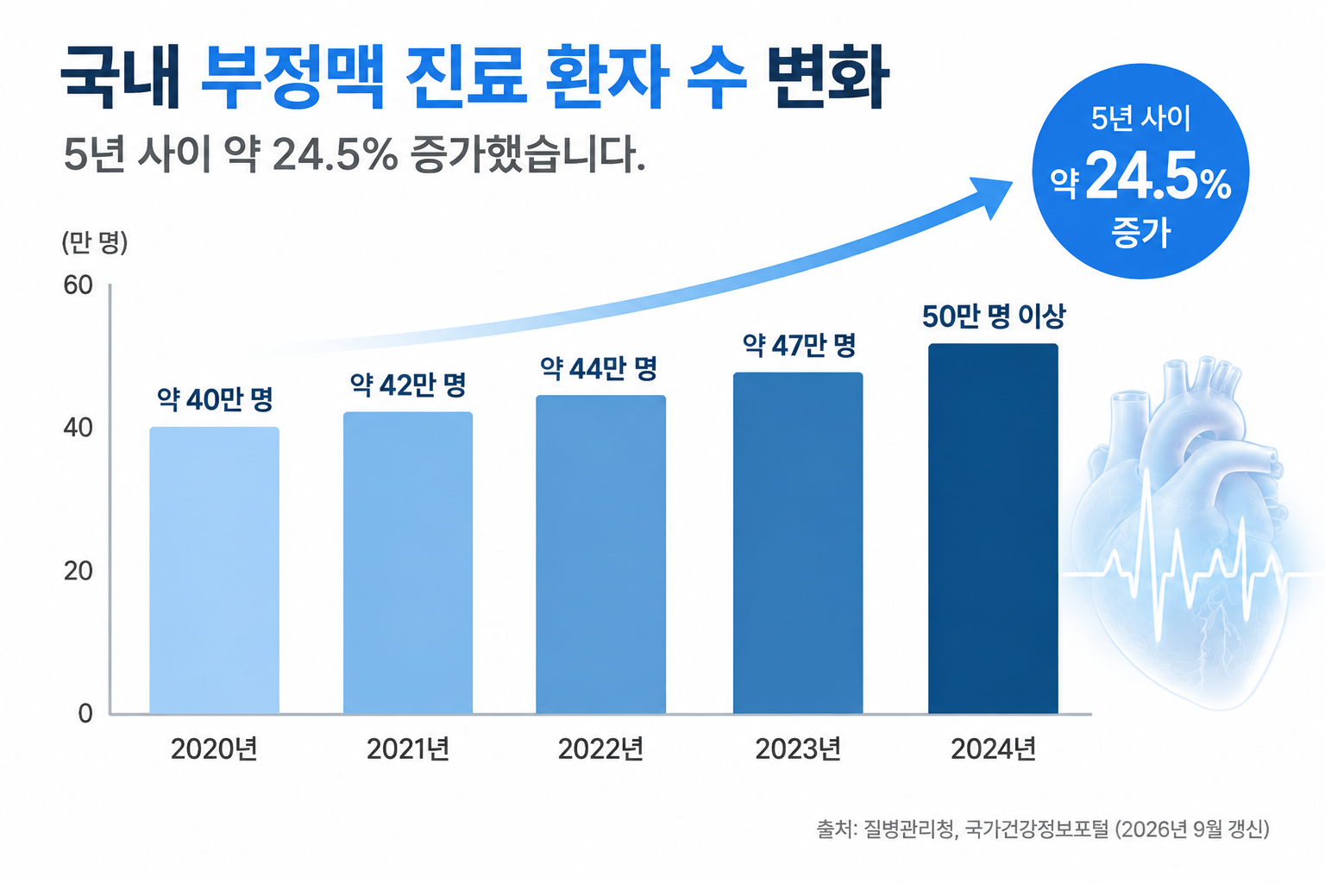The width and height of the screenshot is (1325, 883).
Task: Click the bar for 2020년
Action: [x=214, y=570]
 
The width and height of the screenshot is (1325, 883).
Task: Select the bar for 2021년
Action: [x=408, y=562]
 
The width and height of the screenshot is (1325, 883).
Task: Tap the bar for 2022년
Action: [x=601, y=554]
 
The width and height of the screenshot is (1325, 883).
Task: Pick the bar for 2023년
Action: [x=798, y=543]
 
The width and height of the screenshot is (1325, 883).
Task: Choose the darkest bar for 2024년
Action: [x=993, y=528]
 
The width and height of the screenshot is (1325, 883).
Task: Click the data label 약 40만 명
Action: [x=215, y=400]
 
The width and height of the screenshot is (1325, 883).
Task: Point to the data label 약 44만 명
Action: [x=599, y=368]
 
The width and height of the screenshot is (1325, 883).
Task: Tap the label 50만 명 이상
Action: [x=994, y=316]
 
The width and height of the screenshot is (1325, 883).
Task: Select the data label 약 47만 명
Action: [x=799, y=346]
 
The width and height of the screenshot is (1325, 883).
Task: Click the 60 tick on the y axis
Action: [x=78, y=285]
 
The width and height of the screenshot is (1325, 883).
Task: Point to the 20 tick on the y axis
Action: [x=78, y=572]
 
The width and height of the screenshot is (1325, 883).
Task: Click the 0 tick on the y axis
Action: [x=85, y=714]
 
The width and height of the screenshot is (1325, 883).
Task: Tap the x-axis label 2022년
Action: [x=600, y=749]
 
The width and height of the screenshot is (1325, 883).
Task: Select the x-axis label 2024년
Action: [x=994, y=749]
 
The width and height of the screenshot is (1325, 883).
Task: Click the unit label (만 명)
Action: [x=95, y=242]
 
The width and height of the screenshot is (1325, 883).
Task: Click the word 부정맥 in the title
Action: [x=292, y=77]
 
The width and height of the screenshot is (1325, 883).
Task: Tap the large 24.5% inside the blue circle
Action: [x=1159, y=176]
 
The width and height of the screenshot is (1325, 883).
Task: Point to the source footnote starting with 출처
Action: [x=1043, y=830]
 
